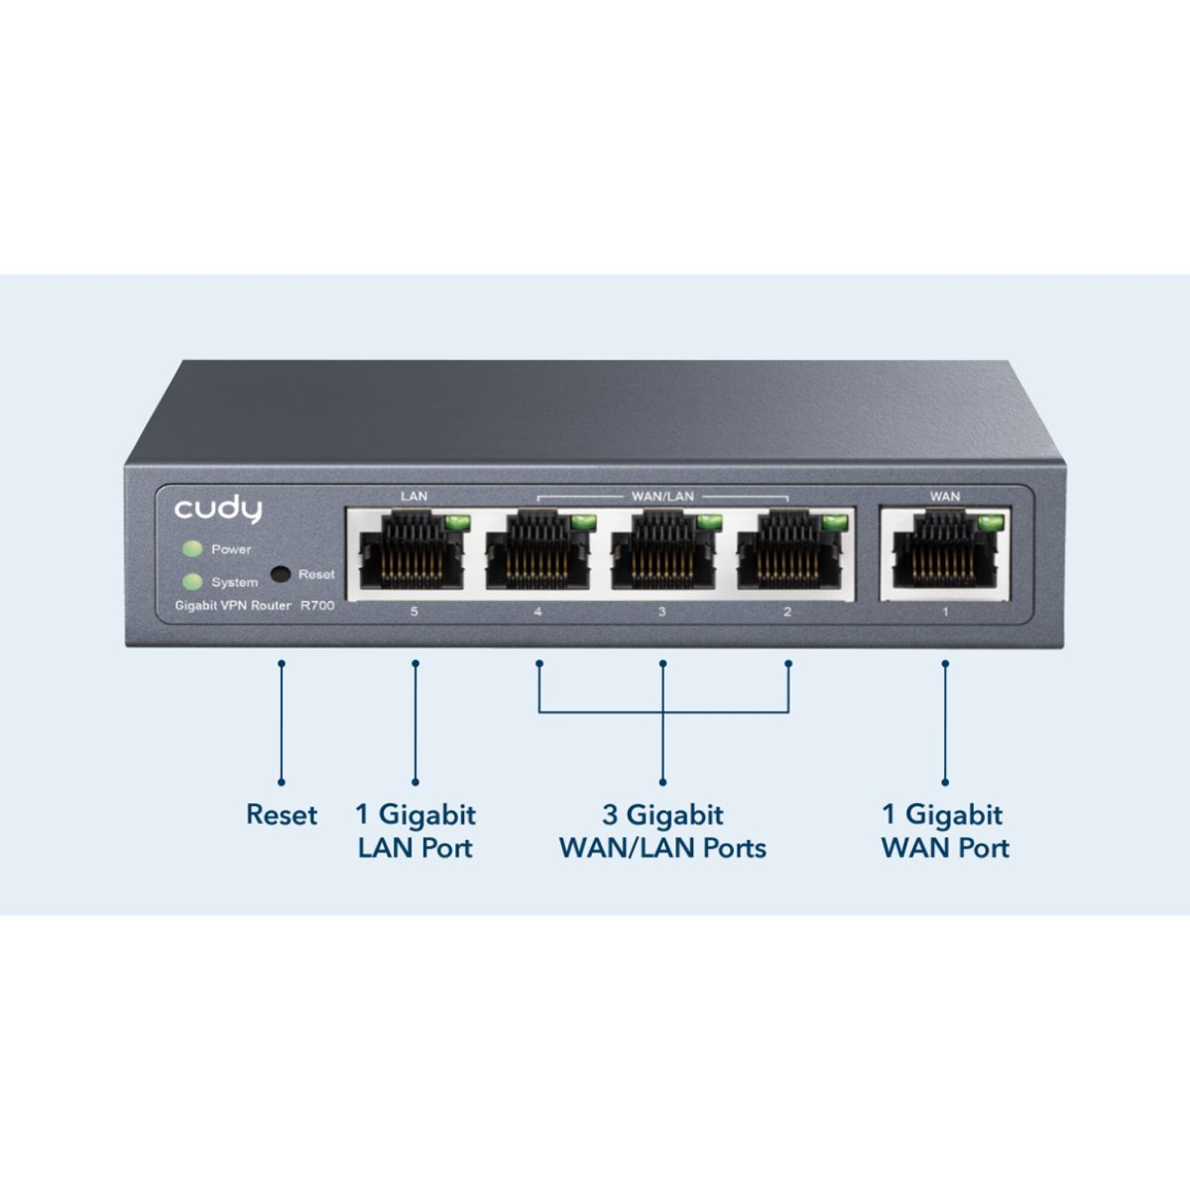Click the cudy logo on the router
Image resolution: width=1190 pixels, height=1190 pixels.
click(x=218, y=510)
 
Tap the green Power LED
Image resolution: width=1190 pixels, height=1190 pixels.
click(x=193, y=549)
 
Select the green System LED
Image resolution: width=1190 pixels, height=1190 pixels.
click(x=193, y=581)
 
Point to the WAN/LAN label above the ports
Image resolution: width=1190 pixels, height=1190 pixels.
click(x=663, y=496)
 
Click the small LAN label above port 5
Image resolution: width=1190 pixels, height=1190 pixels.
click(x=414, y=496)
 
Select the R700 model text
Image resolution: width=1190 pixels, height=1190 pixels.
click(x=317, y=606)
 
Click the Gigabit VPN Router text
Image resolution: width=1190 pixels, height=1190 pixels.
click(x=233, y=606)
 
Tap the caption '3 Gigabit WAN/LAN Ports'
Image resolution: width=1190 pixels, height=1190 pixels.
click(x=663, y=832)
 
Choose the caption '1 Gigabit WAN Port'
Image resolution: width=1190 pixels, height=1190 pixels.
click(x=945, y=832)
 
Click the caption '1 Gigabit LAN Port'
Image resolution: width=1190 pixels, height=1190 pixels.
click(x=416, y=832)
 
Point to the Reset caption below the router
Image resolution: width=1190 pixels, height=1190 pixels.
click(x=281, y=815)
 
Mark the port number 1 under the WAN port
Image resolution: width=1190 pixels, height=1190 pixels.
click(x=945, y=612)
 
